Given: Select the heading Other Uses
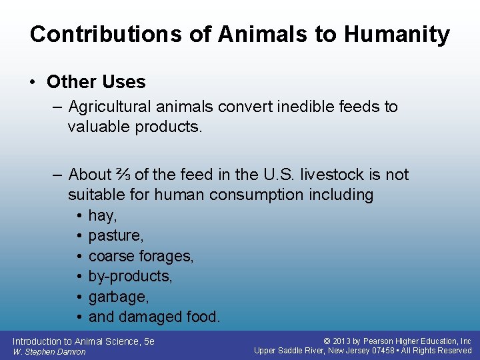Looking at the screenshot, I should (x=96, y=82).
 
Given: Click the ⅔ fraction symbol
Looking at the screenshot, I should (x=123, y=175).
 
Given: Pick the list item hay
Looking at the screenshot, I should (x=103, y=216).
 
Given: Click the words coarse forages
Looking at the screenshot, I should (x=141, y=256).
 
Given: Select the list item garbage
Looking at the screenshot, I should (x=119, y=297).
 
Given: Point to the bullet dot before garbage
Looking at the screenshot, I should (x=79, y=297).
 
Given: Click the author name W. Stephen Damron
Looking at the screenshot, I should (x=49, y=351).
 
